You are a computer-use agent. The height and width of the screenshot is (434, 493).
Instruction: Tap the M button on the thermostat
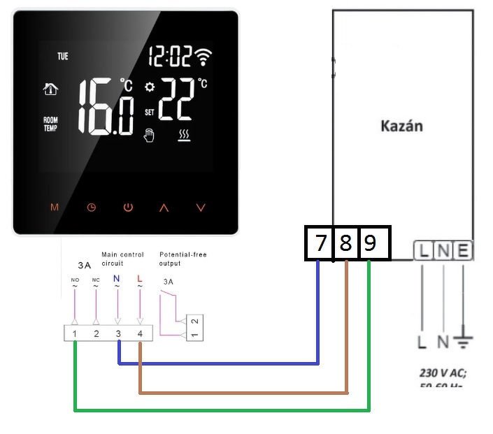pyautogui.click(x=55, y=208)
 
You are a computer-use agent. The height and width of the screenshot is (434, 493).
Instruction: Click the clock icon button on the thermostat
pyautogui.click(x=91, y=208)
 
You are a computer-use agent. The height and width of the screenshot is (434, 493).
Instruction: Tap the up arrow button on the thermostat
pyautogui.click(x=164, y=208)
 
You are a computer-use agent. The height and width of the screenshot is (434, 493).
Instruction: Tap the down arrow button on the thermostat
pyautogui.click(x=201, y=208)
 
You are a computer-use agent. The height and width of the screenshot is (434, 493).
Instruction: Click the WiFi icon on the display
pyautogui.click(x=204, y=57)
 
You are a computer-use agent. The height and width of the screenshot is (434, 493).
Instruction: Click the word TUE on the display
pyautogui.click(x=63, y=57)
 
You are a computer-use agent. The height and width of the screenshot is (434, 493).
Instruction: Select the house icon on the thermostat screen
pyautogui.click(x=50, y=89)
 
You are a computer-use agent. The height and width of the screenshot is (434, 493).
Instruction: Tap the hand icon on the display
pyautogui.click(x=148, y=135)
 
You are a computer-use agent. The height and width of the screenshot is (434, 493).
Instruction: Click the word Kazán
pyautogui.click(x=401, y=126)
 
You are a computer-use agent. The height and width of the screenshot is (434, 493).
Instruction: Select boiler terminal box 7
pyautogui.click(x=320, y=243)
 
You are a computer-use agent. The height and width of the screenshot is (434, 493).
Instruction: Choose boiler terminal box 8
pyautogui.click(x=345, y=243)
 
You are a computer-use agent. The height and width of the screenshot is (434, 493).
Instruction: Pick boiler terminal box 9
pyautogui.click(x=370, y=243)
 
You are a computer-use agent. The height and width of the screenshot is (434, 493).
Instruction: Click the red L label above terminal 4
pyautogui.click(x=140, y=279)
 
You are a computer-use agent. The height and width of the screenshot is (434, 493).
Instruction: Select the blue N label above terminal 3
pyautogui.click(x=117, y=279)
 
